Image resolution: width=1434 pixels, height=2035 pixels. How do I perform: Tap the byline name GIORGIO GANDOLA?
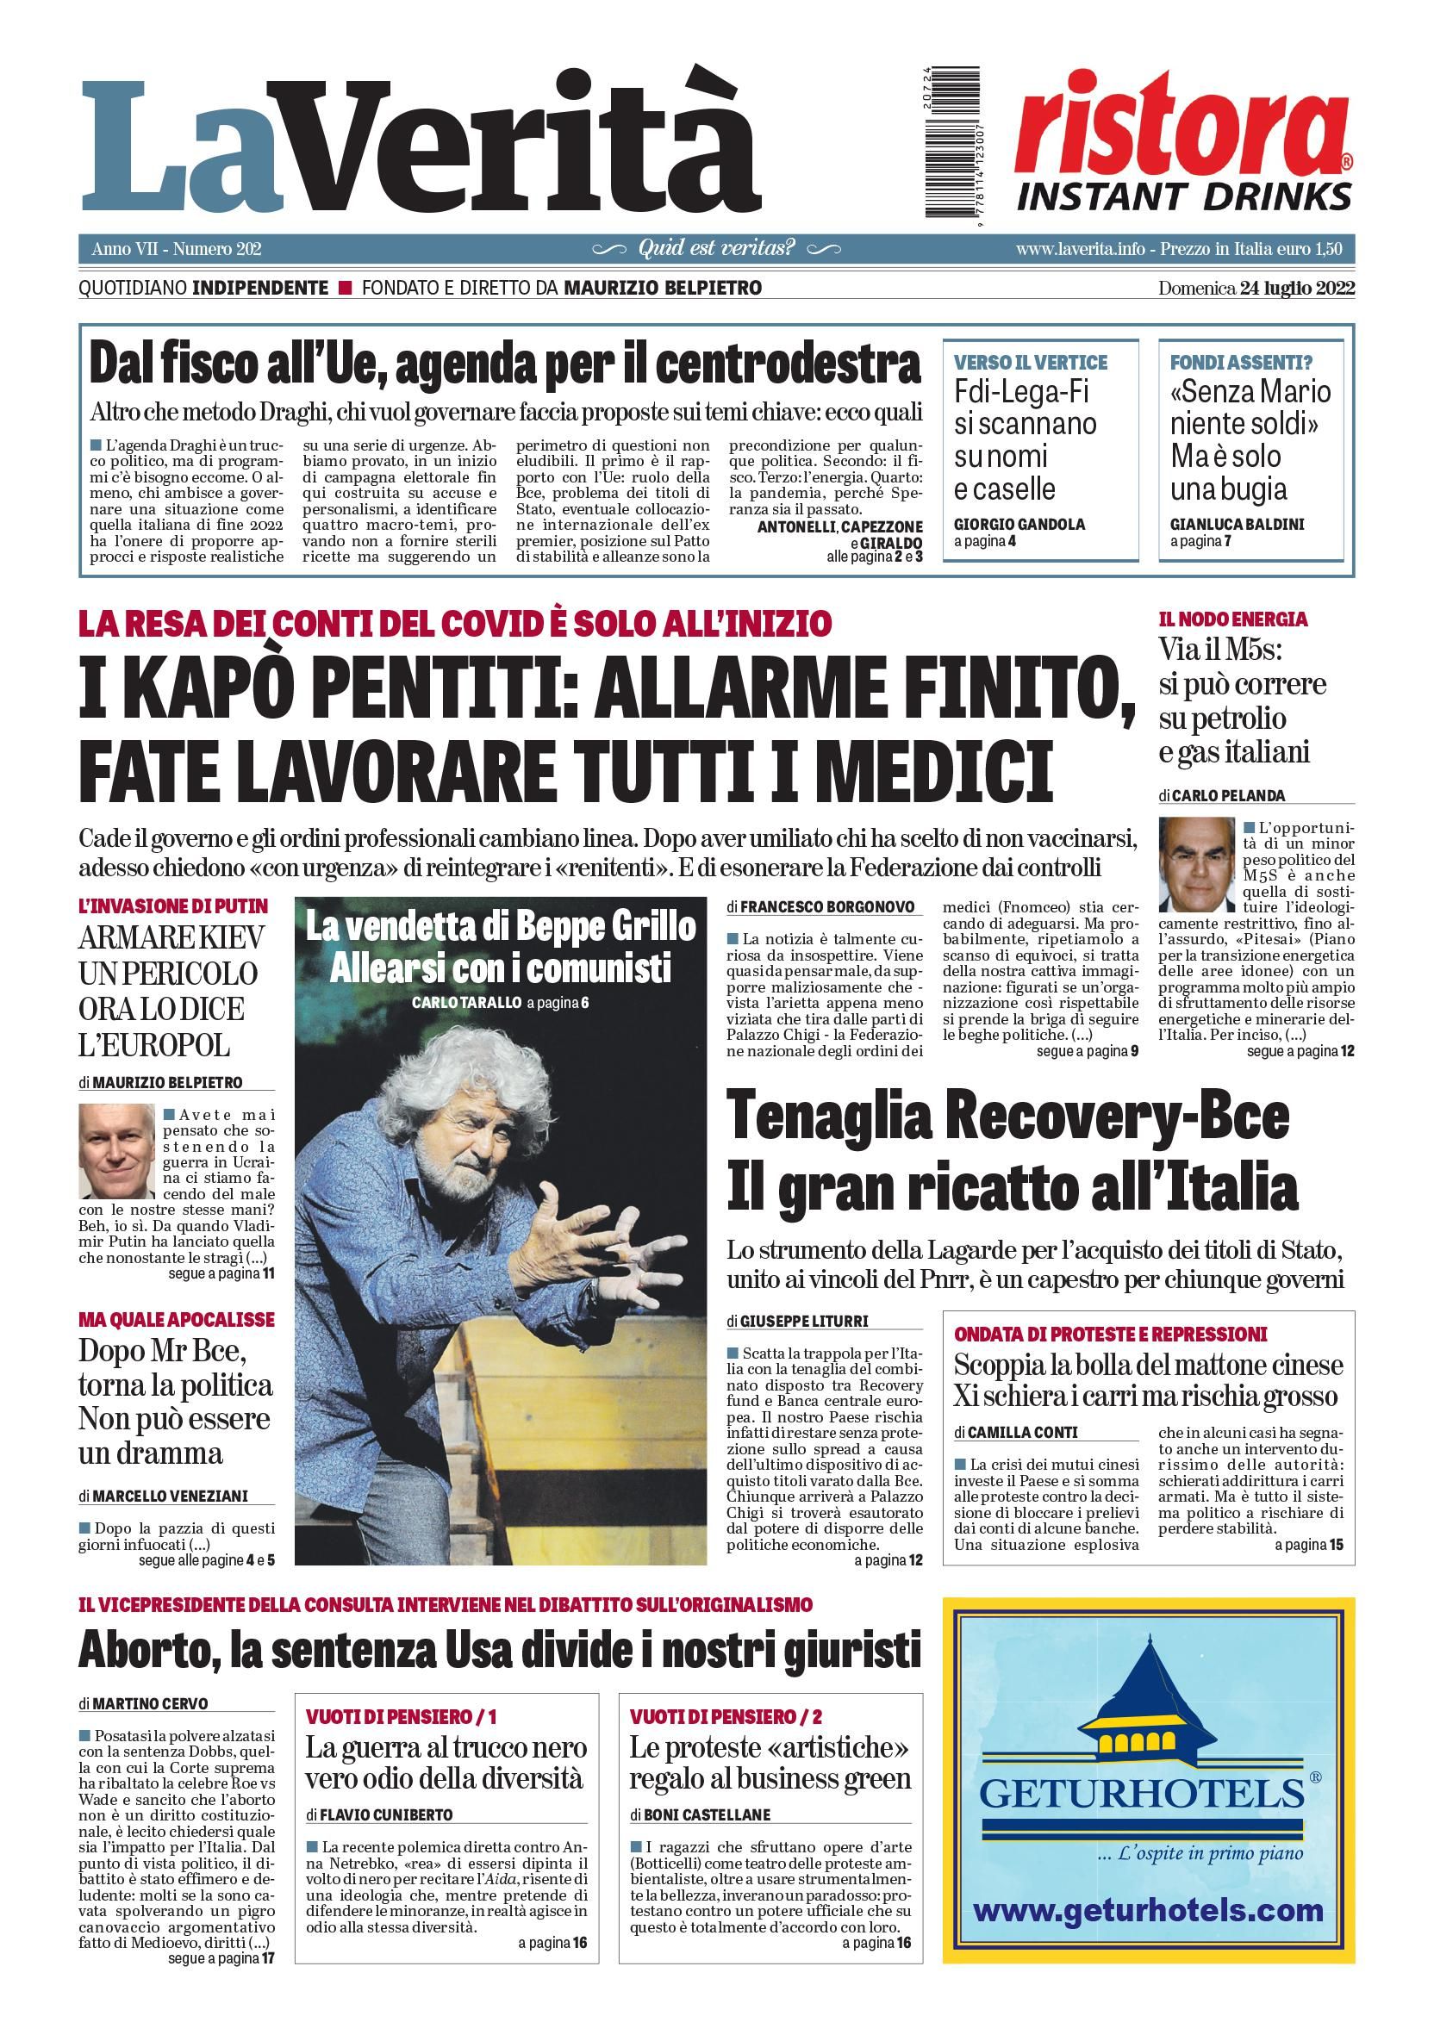click(1019, 524)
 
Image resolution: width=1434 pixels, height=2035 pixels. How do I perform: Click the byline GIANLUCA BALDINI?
click(1238, 524)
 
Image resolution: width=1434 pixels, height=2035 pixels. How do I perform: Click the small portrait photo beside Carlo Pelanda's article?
click(1196, 864)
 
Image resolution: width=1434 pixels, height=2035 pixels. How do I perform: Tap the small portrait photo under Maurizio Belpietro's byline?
click(117, 1151)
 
